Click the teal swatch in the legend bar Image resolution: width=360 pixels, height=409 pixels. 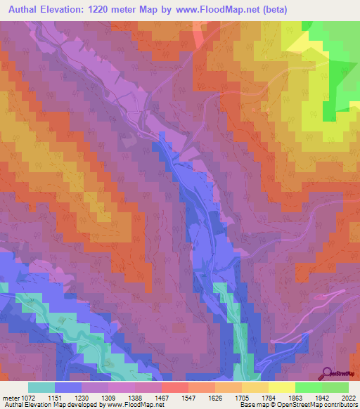point(41,387)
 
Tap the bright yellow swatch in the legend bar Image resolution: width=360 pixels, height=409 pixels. point(281,387)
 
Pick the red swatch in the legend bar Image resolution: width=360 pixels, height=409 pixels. point(174,387)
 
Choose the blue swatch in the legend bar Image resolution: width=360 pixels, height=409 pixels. point(67,387)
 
